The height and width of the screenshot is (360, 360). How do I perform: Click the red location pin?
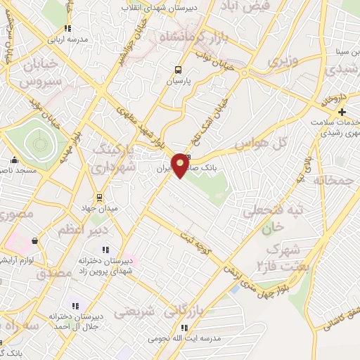tap(181, 165)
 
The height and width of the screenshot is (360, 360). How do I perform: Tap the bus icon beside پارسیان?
tap(177, 70)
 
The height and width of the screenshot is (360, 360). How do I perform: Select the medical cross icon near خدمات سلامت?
tap(342, 112)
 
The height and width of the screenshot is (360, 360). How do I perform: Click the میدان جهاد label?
tap(99, 205)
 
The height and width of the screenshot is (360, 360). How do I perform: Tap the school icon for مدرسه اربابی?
tap(67, 30)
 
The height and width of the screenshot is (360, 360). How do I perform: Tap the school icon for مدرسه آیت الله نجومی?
tap(186, 328)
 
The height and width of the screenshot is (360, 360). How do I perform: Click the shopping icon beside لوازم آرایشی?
tap(34, 241)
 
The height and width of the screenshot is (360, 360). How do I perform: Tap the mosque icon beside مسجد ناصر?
tap(14, 160)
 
